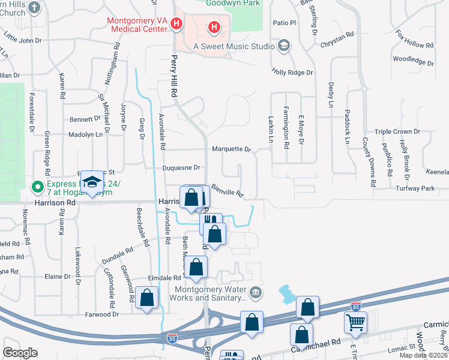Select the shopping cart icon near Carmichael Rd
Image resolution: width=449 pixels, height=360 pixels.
click(x=355, y=322)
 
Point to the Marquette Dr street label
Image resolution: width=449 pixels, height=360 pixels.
click(x=231, y=149)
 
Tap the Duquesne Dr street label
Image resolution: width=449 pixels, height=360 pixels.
click(x=181, y=168)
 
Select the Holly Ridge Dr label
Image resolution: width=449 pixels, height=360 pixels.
click(x=292, y=73)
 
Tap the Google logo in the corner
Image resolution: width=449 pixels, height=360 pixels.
click(x=20, y=352)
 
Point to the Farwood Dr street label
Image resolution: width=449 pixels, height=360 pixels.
click(x=102, y=314)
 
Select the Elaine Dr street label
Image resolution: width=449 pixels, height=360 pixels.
click(x=58, y=277)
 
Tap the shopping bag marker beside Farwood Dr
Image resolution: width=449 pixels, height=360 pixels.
click(x=146, y=298)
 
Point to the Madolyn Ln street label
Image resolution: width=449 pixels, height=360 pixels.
click(x=86, y=134)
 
